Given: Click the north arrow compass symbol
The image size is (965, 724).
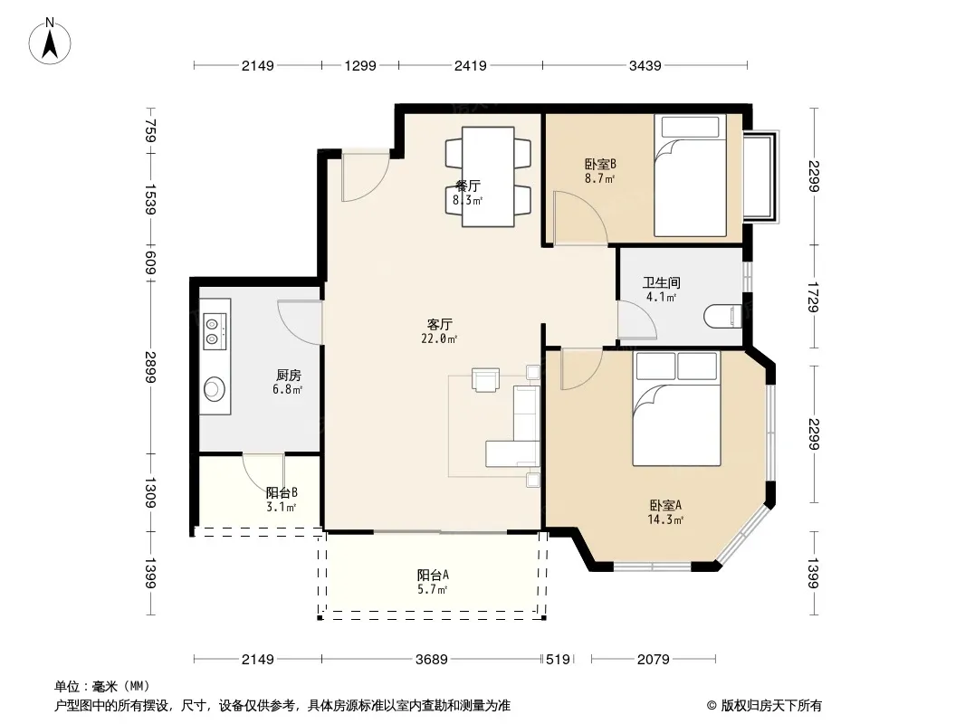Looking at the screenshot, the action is point(50,42).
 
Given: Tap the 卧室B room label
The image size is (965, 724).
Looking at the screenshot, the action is point(600,164).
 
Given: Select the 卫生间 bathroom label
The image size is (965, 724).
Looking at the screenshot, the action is point(662,283).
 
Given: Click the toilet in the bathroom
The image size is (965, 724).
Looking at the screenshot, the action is point(722,316).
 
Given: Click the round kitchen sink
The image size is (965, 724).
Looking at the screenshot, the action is point(215,389).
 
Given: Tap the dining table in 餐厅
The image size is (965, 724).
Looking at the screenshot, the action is point(488,176).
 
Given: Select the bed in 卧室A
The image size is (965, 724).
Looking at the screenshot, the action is point(676,409).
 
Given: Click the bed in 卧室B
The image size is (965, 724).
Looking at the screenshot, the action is point(690,176).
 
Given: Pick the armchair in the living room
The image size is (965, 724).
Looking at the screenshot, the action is point(485,379).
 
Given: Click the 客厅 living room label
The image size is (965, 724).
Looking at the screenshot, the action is point(439,324).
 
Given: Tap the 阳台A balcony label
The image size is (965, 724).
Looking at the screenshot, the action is point(433,576).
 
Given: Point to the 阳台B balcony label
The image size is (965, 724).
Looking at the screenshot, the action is point(282,492).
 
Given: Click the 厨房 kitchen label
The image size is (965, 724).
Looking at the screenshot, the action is point(288,376).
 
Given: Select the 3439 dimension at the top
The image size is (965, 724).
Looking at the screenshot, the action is point(645,65).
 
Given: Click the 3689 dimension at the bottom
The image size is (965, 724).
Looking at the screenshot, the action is point(432,660).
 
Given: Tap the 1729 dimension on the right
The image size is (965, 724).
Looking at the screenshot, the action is point(813,297).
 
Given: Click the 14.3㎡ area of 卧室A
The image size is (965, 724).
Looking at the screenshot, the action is point(665,519).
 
